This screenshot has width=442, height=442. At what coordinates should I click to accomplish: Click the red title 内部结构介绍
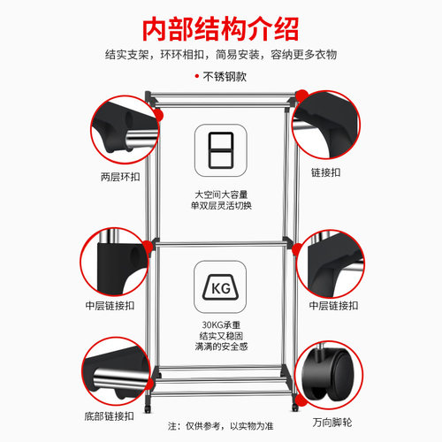(x=221, y=29)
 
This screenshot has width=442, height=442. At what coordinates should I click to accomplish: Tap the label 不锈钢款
(x=225, y=77)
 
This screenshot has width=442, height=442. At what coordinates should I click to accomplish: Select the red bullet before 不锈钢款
(x=197, y=76)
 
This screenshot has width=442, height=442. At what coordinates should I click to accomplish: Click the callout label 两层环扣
(x=120, y=177)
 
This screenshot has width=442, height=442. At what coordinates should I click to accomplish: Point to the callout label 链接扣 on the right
(x=326, y=172)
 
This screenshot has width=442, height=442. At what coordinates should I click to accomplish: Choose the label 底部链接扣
(x=110, y=416)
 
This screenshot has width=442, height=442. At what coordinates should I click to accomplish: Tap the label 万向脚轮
(x=332, y=423)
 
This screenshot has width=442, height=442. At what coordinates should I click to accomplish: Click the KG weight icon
(x=220, y=287)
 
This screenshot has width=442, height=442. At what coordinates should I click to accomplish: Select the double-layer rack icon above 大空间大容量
(x=221, y=150)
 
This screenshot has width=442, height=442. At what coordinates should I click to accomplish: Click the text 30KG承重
(x=221, y=324)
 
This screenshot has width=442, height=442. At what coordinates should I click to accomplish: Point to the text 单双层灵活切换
(x=221, y=205)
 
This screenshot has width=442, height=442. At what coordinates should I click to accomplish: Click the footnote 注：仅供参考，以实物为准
(x=221, y=426)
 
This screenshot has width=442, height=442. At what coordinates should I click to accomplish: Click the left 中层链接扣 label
(x=110, y=306)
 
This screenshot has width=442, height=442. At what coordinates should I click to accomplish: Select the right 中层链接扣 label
(x=333, y=306)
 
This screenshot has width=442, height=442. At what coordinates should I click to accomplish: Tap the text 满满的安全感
(x=221, y=347)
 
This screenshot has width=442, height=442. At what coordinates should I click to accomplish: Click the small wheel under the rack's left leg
(x=148, y=408)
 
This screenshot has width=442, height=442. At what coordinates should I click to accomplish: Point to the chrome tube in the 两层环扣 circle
(x=141, y=140)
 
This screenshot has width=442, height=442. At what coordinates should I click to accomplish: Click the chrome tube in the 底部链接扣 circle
(x=119, y=379)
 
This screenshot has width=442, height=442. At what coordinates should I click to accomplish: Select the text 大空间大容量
(x=221, y=194)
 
